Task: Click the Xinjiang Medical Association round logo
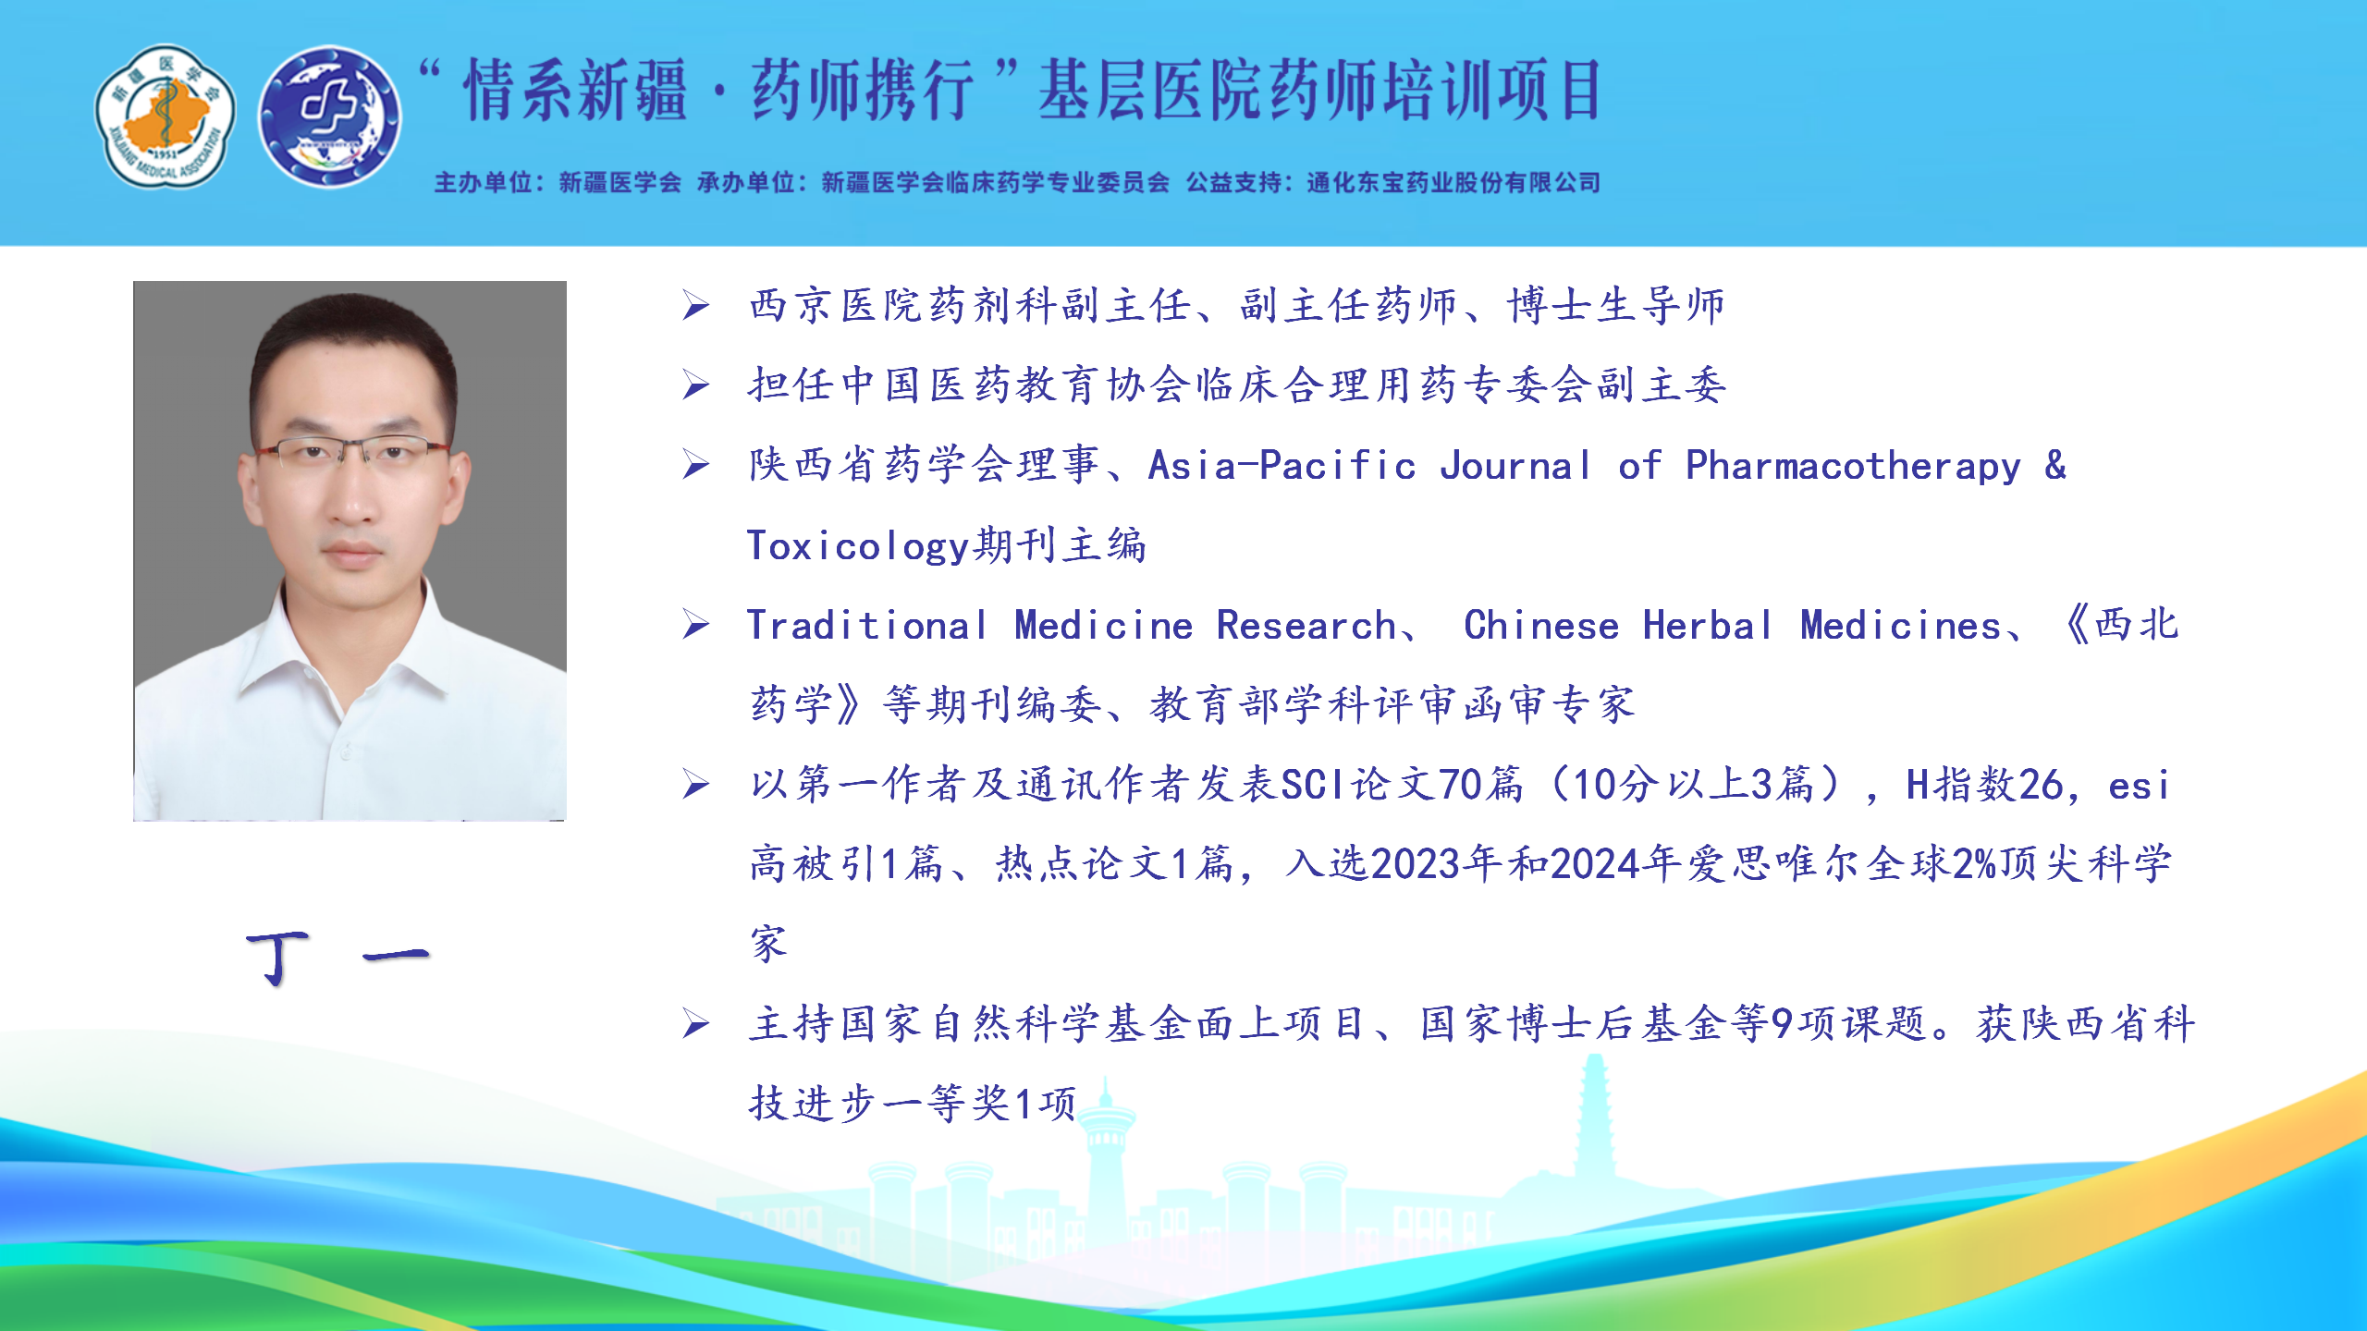pos(166,116)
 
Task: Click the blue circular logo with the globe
pos(329,116)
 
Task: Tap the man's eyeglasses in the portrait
pos(352,453)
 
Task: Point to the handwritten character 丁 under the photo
pos(277,958)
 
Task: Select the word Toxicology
pos(859,546)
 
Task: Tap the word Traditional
pos(867,626)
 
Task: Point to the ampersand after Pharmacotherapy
pos(2055,465)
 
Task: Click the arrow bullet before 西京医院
pos(696,306)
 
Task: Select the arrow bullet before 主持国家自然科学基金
pos(696,1024)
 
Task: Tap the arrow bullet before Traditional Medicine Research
pos(696,626)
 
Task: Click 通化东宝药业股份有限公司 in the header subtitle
pos(1453,183)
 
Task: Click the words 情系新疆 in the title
pos(575,91)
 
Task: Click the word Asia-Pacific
pos(1282,466)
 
